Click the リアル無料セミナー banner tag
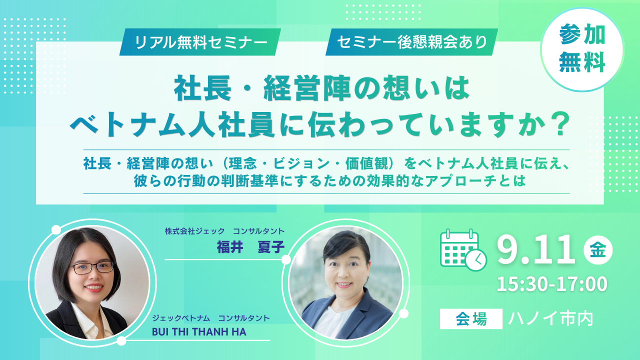[x=200, y=42]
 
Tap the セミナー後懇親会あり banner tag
[x=411, y=42]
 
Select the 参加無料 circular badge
[x=582, y=49]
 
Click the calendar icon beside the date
[x=463, y=250]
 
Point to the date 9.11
[x=536, y=250]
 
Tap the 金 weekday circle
[x=598, y=250]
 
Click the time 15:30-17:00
[x=552, y=284]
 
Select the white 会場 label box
[x=471, y=319]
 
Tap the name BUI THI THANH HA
[x=199, y=332]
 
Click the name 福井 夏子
[x=250, y=247]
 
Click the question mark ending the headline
[x=557, y=125]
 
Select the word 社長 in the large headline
[x=202, y=87]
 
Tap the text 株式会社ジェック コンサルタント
[x=224, y=231]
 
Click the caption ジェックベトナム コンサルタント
[x=211, y=318]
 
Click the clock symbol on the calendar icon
[x=476, y=260]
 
